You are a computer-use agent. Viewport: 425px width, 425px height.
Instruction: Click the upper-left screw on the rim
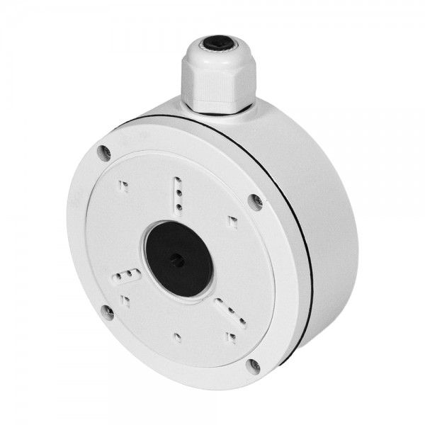point(106,152)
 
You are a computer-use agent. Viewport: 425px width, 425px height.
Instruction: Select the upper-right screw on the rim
point(254,201)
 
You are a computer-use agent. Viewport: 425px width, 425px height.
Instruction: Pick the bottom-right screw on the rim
point(254,365)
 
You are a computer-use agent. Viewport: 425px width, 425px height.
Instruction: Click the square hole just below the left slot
point(125,300)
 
